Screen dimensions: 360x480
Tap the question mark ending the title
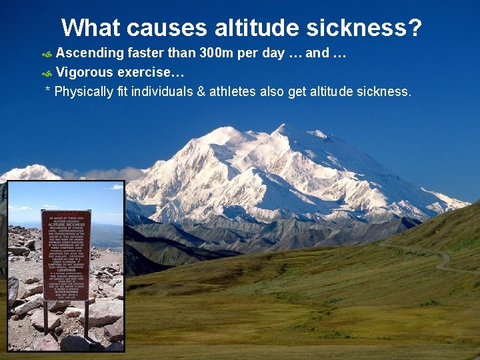415,28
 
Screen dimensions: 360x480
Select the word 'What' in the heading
91,28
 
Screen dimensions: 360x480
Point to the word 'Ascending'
90,53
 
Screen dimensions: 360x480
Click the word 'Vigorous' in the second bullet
85,72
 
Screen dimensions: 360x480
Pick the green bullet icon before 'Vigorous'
47,73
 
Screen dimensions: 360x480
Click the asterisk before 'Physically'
47,90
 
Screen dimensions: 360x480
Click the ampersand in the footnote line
201,91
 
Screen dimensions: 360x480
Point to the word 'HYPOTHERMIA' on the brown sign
66,291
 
